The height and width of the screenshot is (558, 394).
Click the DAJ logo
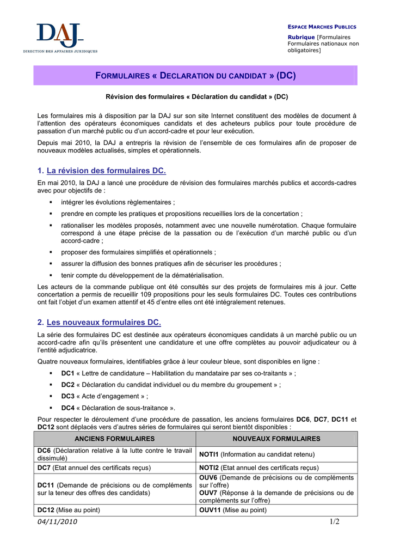click(x=60, y=37)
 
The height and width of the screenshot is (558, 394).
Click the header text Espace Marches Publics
click(x=322, y=27)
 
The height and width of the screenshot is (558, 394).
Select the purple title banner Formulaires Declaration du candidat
click(x=195, y=75)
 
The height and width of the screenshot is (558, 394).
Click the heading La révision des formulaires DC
click(x=106, y=171)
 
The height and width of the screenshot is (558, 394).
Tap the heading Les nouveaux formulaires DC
click(x=104, y=322)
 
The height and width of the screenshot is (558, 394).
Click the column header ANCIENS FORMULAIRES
click(x=114, y=439)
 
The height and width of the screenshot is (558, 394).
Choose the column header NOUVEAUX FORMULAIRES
click(x=276, y=439)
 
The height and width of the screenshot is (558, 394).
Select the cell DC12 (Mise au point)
click(x=114, y=510)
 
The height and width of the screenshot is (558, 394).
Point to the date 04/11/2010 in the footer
click(x=58, y=522)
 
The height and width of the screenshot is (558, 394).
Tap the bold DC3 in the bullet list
click(x=67, y=396)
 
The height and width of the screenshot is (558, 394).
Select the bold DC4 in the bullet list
click(x=67, y=408)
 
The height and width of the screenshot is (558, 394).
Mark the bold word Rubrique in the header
click(x=300, y=37)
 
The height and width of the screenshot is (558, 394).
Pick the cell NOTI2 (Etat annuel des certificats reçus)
click(x=276, y=468)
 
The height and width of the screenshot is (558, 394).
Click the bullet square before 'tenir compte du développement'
click(x=51, y=275)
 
